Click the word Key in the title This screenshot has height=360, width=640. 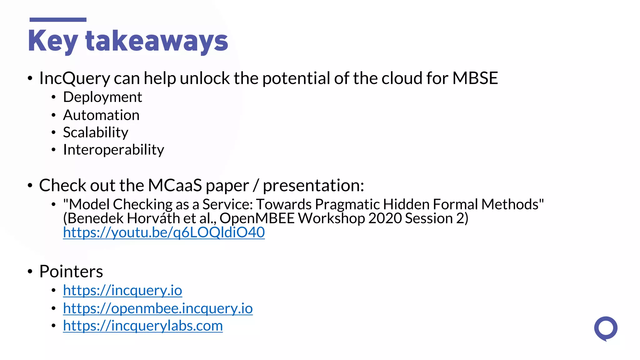pos(52,41)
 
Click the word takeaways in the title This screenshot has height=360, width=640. pos(157,41)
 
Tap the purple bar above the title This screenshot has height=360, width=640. pos(58,20)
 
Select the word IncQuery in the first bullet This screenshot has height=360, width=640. pos(74,78)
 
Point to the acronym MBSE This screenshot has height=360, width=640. pos(475,78)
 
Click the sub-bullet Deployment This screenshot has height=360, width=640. pos(102,97)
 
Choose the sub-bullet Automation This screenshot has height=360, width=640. pos(101,115)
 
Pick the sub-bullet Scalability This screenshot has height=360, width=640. pos(96,132)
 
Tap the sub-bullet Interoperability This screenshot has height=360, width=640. pos(113,150)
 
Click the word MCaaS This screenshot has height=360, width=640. pos(175,185)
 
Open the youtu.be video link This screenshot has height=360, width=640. pos(164,232)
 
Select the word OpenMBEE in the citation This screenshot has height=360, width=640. pos(257,218)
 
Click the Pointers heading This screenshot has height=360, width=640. pos(71,271)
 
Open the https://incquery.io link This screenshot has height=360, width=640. pos(122,290)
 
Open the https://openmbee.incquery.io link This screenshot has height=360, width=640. pos(158,308)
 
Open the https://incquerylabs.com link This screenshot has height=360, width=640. pos(143,326)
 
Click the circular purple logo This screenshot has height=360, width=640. pos(606,328)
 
